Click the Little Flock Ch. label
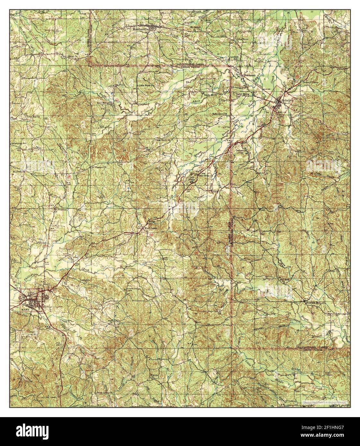pos(146,86)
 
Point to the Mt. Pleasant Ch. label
pos(98,167)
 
